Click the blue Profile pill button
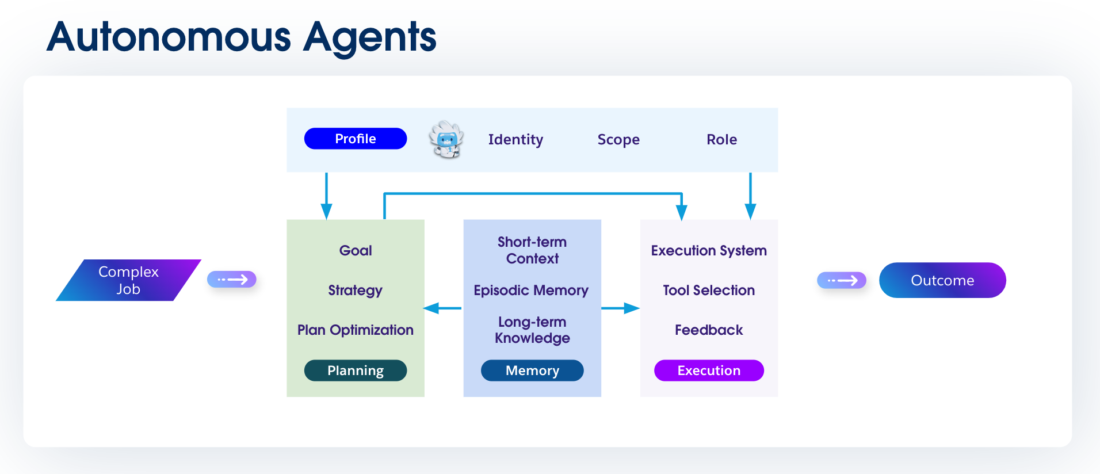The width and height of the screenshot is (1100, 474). point(355,139)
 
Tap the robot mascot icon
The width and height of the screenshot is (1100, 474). point(446,139)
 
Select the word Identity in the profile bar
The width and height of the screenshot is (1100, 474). point(515,140)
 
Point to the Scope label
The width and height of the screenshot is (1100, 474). point(618,140)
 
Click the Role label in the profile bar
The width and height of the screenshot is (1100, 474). point(721,140)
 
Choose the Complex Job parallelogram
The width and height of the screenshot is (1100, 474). point(128,280)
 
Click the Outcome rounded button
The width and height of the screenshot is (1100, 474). point(942,280)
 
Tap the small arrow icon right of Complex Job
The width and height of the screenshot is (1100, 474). point(232,280)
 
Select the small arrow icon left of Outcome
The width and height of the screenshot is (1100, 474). point(841,280)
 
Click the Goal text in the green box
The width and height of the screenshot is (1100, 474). point(356,250)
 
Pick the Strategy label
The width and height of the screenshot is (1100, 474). point(355,290)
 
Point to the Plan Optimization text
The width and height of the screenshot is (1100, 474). point(355,330)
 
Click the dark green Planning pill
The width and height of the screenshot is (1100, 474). point(355,370)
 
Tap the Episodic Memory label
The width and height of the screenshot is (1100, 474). point(531,290)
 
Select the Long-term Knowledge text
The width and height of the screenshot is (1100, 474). point(532,330)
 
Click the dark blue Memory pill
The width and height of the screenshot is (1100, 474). point(532,370)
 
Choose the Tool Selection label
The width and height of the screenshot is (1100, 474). point(708,290)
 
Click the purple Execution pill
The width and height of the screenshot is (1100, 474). point(708,370)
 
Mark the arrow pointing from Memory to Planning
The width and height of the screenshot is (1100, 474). point(443,308)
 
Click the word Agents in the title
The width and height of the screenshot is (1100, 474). point(369,37)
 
